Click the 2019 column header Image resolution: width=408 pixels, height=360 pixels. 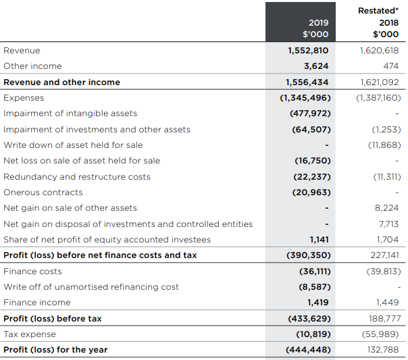tap(319, 22)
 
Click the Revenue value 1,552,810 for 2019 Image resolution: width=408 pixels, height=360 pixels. tap(308, 51)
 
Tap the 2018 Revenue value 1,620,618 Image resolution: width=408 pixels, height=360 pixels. tap(380, 51)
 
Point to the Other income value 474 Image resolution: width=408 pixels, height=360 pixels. tap(390, 66)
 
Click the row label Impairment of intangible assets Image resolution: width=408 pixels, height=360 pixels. tap(70, 113)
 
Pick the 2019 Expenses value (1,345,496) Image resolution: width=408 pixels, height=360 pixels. tap(305, 98)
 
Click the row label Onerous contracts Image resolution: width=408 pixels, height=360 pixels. tap(43, 192)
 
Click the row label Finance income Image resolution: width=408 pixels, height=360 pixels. tap(37, 303)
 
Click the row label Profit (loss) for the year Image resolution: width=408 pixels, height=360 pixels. tap(55, 350)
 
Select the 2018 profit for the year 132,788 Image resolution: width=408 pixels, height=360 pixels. tap(383, 350)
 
